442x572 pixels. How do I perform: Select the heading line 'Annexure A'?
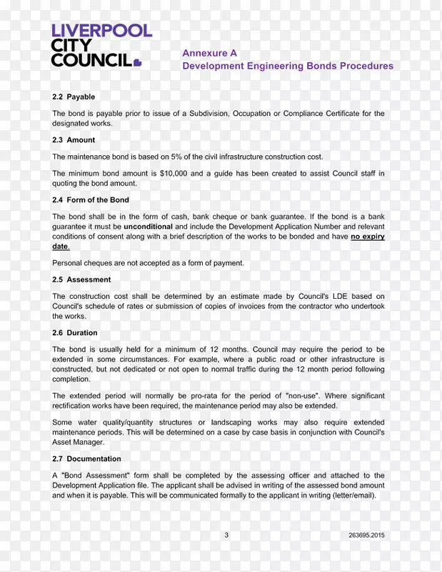tap(209, 53)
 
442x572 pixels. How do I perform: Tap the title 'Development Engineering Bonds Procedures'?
tap(287, 66)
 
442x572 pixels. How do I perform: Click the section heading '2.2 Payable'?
tap(74, 97)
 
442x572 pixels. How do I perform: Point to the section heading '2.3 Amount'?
tap(74, 140)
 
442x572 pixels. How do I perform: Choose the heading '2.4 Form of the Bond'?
tap(91, 200)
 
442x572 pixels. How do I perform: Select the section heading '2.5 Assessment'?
tap(81, 280)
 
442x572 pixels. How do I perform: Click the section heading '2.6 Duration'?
tap(75, 332)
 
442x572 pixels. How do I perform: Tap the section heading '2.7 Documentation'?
tap(86, 459)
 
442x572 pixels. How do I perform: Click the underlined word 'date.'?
tap(61, 247)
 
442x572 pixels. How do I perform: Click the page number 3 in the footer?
tap(226, 535)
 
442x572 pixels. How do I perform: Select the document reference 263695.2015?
tap(366, 535)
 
